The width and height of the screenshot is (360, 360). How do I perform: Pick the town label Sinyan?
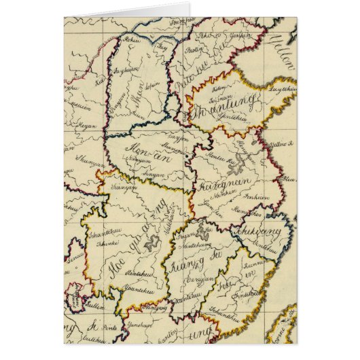coord(158,173)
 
